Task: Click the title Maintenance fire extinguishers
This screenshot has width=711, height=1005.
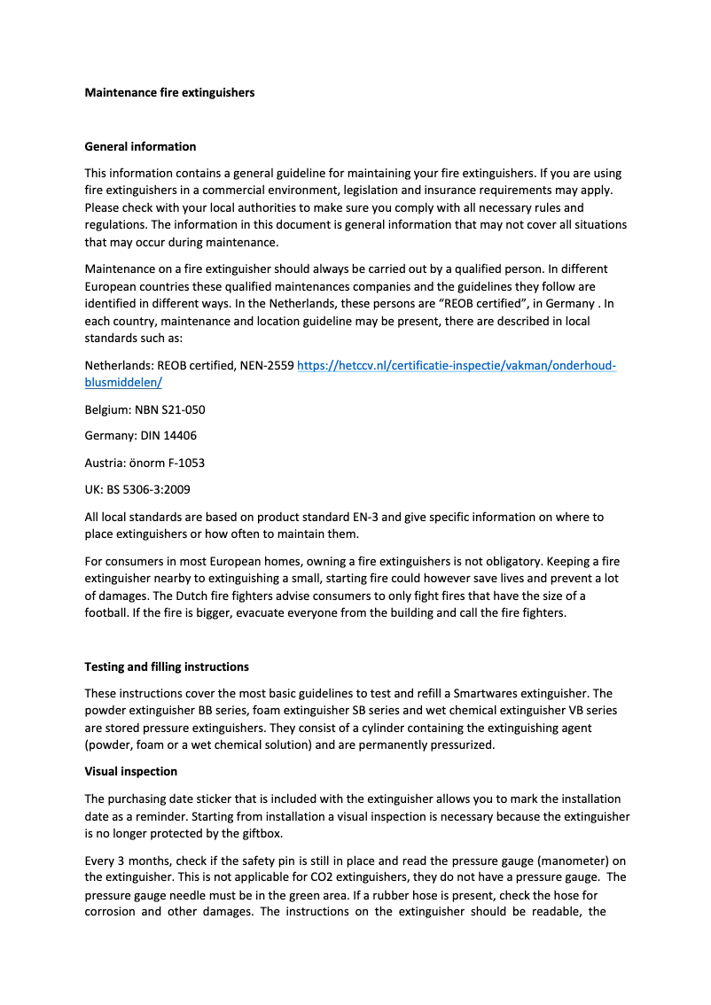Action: click(x=169, y=92)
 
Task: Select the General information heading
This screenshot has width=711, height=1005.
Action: click(x=140, y=146)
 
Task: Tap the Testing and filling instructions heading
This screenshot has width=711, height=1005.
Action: click(x=167, y=666)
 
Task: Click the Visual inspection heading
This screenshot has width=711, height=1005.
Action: click(x=130, y=771)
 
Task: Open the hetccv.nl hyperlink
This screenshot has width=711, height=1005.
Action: click(x=456, y=365)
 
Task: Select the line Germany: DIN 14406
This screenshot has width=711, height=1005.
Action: click(x=140, y=436)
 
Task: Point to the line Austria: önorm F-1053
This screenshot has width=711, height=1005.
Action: click(x=145, y=463)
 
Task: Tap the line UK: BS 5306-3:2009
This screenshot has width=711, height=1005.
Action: click(x=137, y=489)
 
